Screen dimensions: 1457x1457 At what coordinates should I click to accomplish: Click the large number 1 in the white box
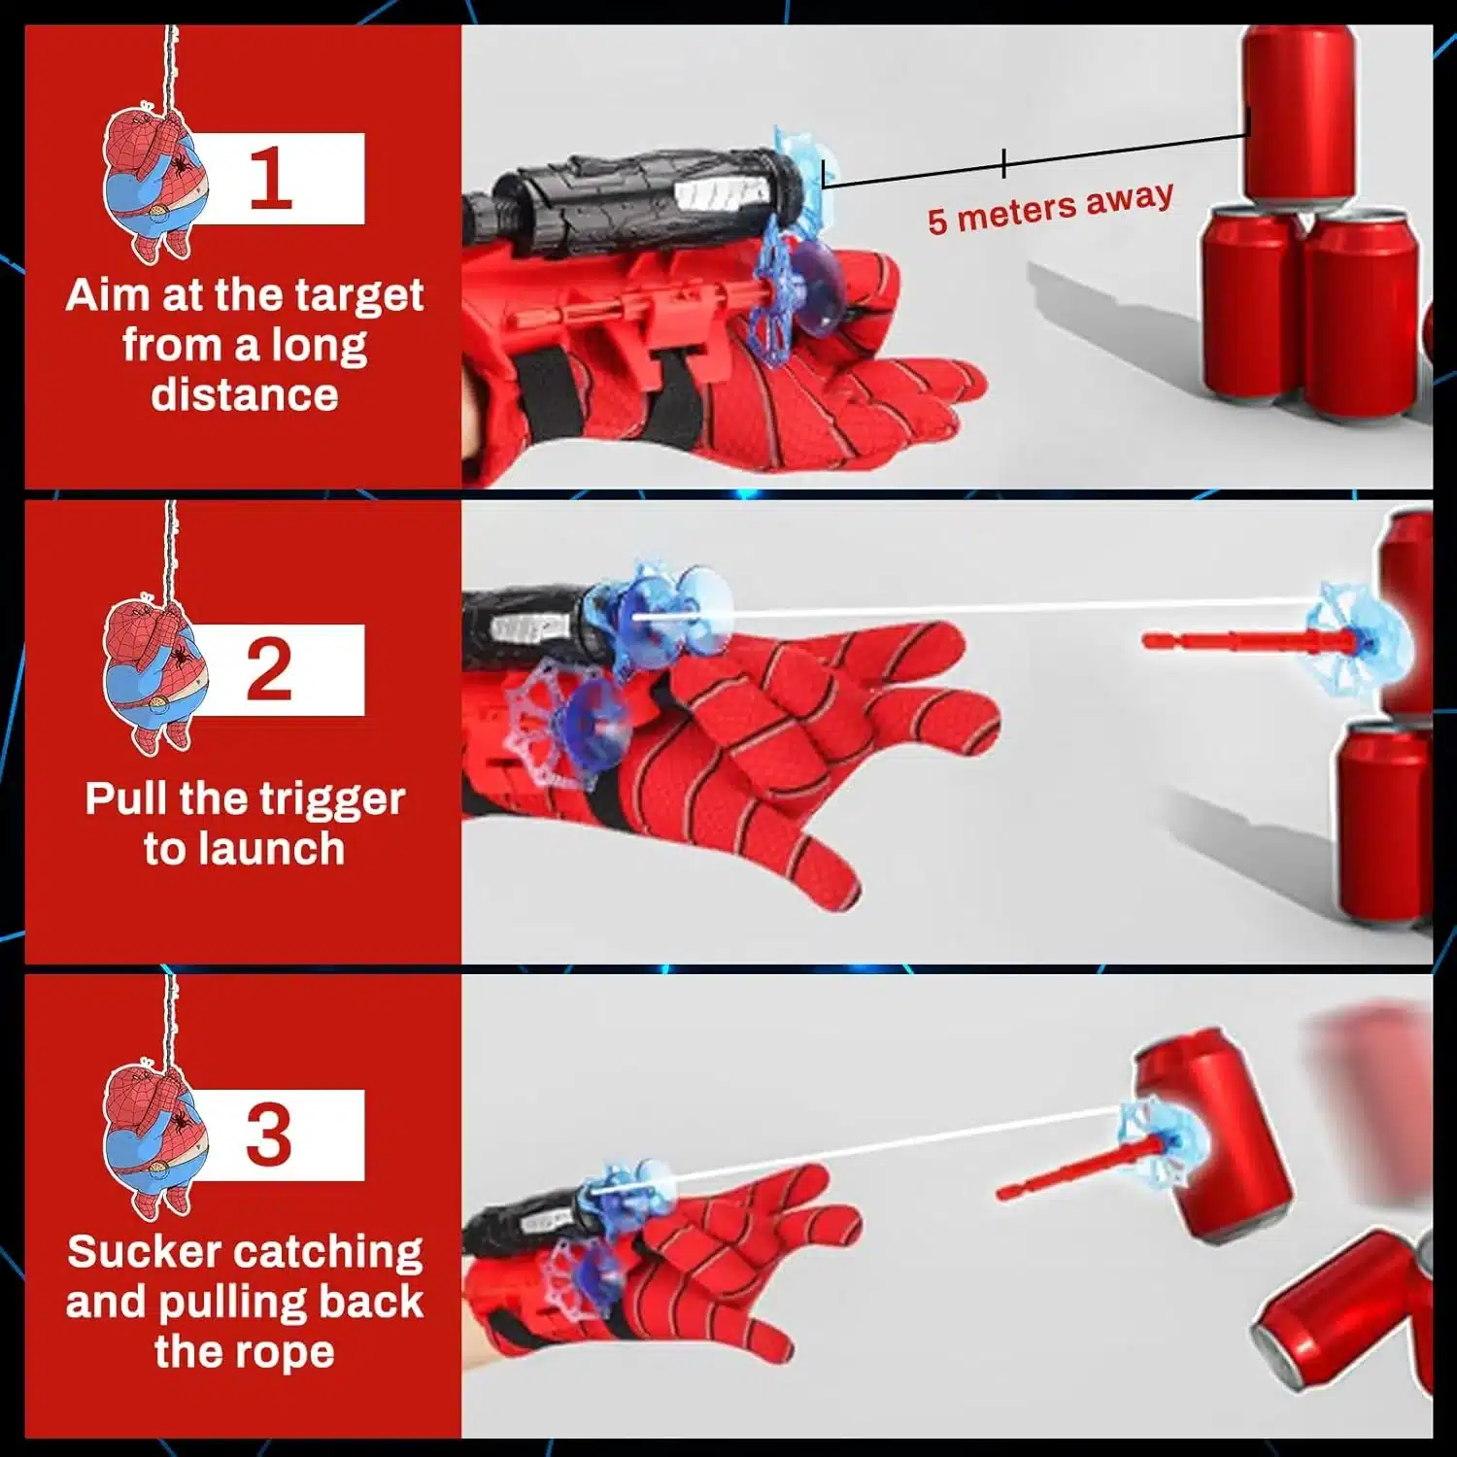(x=271, y=179)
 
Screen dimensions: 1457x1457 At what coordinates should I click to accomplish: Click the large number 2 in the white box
(x=269, y=669)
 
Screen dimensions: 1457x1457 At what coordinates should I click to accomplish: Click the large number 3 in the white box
(x=268, y=1135)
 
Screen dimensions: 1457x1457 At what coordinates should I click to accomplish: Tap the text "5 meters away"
(x=1050, y=208)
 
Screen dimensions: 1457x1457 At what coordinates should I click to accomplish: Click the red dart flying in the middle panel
(x=1253, y=640)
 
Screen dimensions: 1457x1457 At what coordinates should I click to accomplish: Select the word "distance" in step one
(x=245, y=395)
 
